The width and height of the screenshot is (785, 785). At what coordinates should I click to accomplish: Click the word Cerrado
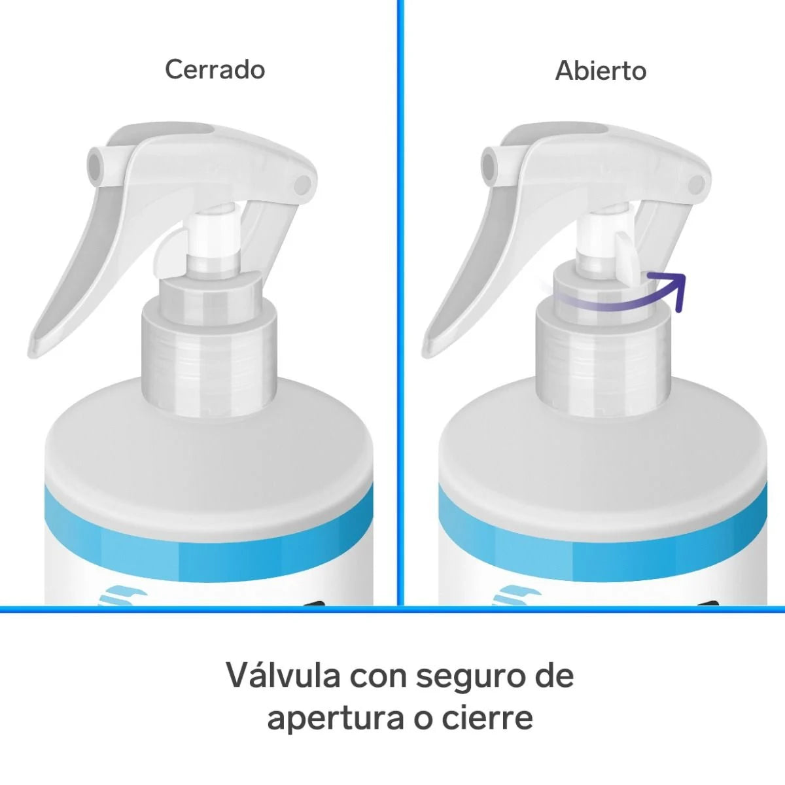pos(215,69)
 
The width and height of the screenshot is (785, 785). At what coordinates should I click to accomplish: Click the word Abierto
pos(601,71)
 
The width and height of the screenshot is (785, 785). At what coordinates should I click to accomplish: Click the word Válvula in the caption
pos(284,675)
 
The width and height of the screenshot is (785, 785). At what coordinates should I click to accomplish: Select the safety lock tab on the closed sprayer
pos(168,256)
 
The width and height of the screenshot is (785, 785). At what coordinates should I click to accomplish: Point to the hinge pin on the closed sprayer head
pos(302,185)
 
